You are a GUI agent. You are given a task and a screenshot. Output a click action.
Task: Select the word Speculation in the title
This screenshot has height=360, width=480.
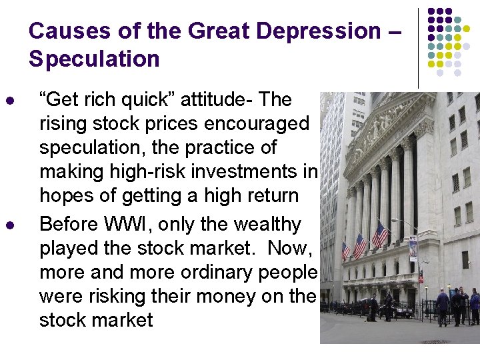[94, 59]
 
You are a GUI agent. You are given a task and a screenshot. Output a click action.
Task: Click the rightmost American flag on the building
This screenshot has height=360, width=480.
[381, 235]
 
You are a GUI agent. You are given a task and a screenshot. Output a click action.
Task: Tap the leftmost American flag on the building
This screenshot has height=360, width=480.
[345, 251]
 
